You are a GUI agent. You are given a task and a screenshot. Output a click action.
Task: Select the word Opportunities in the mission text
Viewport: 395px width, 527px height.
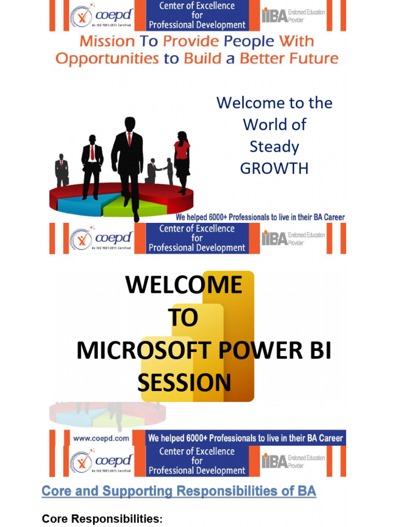(107, 59)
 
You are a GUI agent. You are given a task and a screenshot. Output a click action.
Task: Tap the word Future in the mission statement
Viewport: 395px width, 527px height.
(314, 59)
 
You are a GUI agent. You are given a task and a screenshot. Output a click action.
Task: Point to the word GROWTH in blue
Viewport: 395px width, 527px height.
(274, 169)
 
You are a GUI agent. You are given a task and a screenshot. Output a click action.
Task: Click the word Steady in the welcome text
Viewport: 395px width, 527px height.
(274, 147)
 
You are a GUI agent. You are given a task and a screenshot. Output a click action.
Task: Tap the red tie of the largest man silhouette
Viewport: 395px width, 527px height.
(129, 138)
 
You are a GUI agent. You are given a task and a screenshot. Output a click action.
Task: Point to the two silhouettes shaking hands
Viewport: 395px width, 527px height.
(160, 170)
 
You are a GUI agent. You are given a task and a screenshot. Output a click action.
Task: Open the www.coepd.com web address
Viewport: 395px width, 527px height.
(101, 439)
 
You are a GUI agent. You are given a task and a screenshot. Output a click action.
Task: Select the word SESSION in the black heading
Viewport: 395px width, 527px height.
(184, 383)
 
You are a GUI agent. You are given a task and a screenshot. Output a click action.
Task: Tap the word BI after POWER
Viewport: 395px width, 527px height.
(315, 351)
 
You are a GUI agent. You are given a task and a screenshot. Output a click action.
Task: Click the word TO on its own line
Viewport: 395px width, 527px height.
(183, 319)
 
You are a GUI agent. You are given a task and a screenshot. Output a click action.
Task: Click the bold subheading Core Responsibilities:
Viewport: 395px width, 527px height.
(102, 519)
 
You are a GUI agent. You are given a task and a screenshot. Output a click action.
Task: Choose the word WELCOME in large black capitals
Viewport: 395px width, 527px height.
(184, 285)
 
